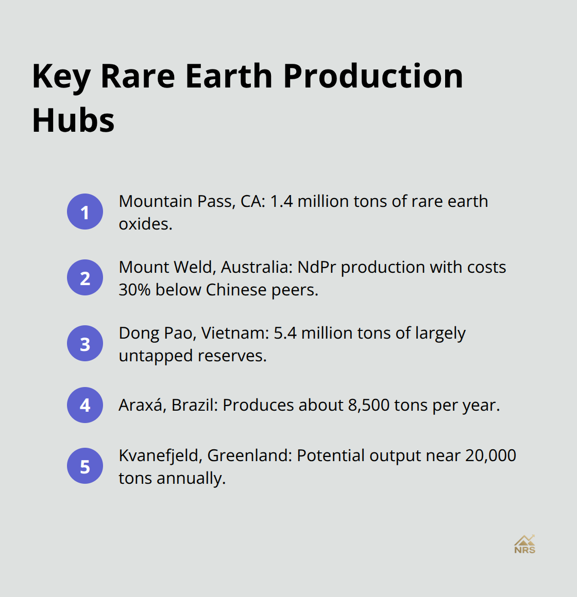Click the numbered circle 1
pos(85,212)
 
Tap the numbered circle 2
pos(85,277)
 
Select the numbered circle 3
pos(85,343)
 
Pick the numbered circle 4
pos(85,405)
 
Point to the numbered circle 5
pos(85,466)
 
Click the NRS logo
pos(524,544)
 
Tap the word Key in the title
pos(61,76)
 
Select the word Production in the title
pos(373,76)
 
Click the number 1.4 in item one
pos(281,201)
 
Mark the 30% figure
pos(134,290)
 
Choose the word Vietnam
pos(235,333)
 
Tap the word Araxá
pos(142,405)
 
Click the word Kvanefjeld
pos(160,455)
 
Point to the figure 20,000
pos(490,455)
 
